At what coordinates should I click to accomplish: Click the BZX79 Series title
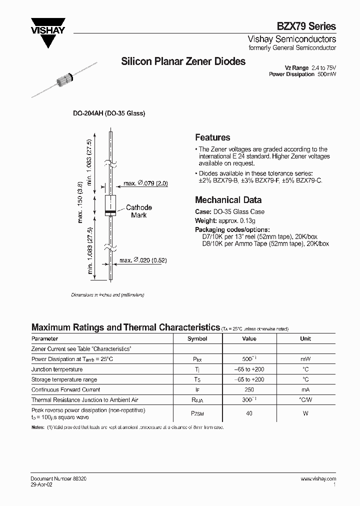tap(306, 26)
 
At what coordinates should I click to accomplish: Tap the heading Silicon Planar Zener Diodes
tap(183, 61)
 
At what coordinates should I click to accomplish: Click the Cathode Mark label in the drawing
tap(138, 211)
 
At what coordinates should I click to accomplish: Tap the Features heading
tap(212, 137)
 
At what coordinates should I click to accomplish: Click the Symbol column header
tap(197, 338)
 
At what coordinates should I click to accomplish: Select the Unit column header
tap(305, 338)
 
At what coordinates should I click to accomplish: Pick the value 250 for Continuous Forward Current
tap(249, 389)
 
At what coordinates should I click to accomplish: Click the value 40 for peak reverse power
tap(249, 413)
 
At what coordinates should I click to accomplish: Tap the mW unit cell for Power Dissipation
tap(305, 359)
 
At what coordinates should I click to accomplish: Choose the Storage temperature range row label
tap(64, 379)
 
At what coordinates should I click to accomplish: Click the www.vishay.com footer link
tap(318, 478)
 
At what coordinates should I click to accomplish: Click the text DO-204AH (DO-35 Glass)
tap(109, 113)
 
